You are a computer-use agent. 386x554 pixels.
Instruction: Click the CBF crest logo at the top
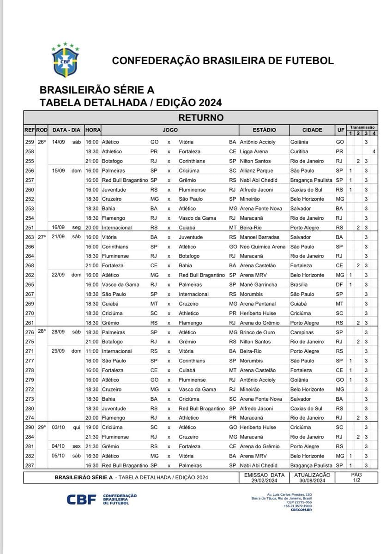tap(65, 60)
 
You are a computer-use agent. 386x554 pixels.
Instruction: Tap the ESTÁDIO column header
tap(264, 130)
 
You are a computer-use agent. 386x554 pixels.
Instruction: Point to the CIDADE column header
tap(312, 130)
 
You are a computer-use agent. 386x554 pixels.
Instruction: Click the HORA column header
tap(93, 130)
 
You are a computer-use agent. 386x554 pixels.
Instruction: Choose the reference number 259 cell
tap(30, 142)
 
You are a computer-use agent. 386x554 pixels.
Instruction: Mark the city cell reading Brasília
tap(299, 285)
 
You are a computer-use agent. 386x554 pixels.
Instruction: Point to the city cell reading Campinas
tap(302, 332)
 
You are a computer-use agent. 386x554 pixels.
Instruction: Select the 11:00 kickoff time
tap(92, 351)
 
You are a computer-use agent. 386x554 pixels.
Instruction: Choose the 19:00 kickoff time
tap(92, 428)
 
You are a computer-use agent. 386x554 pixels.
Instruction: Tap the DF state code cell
tap(340, 285)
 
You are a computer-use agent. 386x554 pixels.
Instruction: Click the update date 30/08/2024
tap(312, 480)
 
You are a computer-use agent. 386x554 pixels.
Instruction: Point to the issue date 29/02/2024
tap(264, 480)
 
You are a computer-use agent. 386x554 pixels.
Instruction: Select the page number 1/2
tap(356, 480)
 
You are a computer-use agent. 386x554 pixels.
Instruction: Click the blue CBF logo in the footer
tap(81, 500)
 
